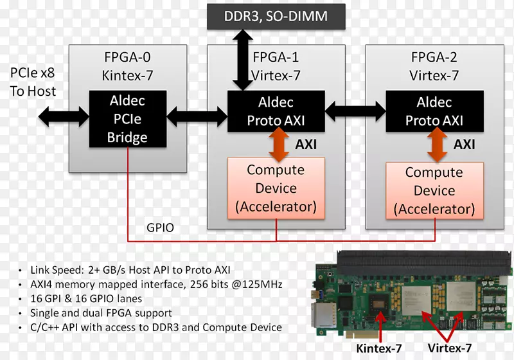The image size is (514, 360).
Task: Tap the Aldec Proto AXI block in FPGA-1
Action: (x=276, y=111)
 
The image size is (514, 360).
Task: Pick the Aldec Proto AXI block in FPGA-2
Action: (x=434, y=111)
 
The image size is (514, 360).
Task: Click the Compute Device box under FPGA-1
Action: (x=276, y=188)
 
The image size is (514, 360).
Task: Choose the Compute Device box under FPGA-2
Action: (x=434, y=191)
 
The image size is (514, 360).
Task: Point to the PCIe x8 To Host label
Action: (x=33, y=82)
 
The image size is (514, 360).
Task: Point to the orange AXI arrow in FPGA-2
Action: (x=436, y=145)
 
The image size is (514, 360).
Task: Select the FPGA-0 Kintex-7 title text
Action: (x=127, y=66)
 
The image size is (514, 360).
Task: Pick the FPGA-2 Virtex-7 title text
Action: (x=434, y=66)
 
